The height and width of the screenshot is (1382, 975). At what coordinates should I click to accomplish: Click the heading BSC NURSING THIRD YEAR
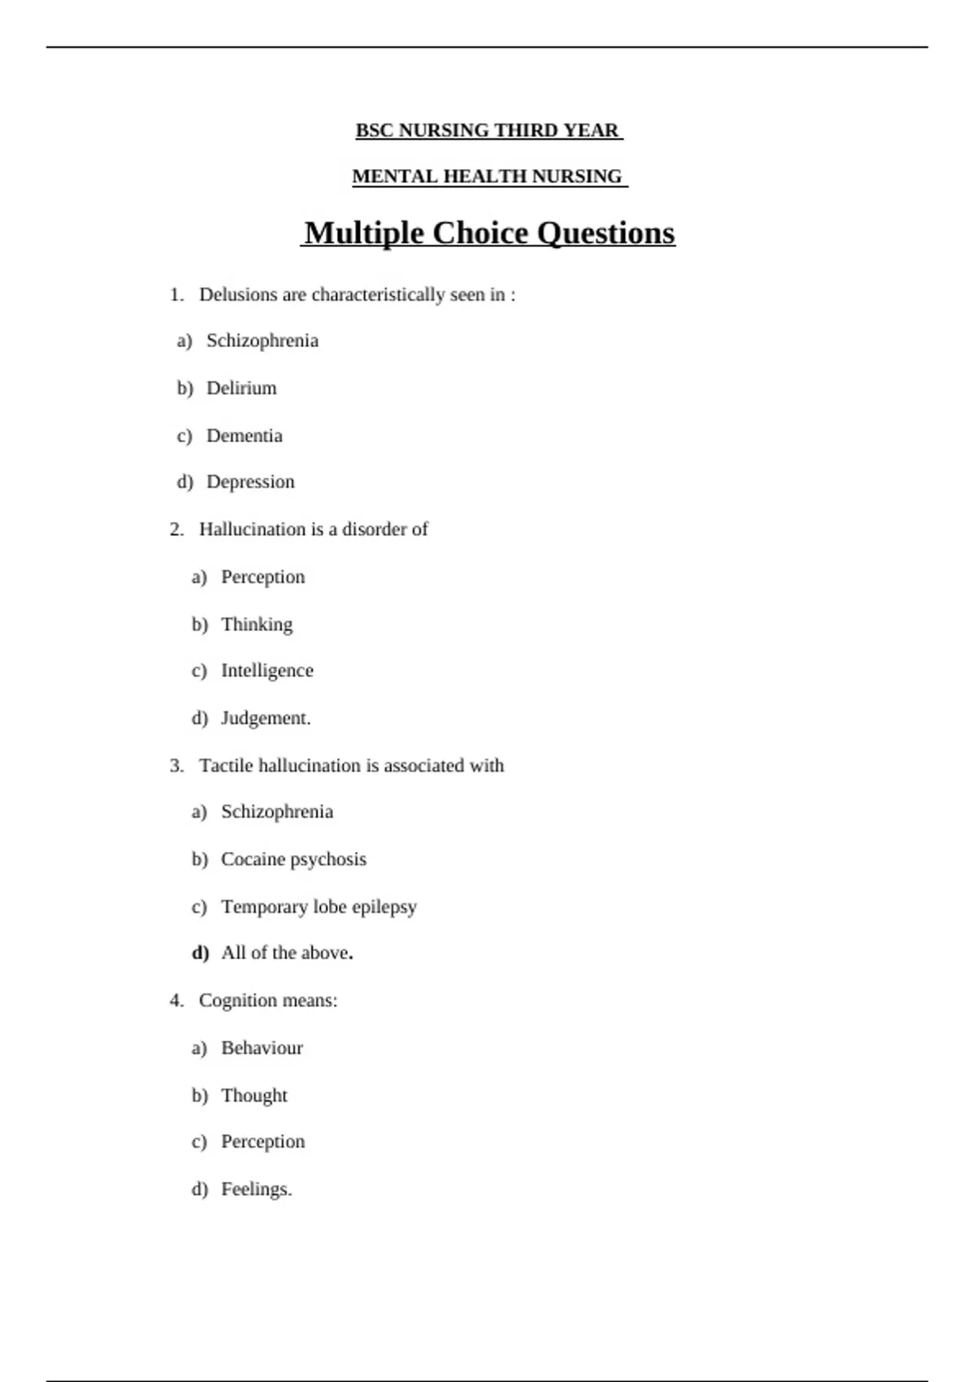(x=487, y=131)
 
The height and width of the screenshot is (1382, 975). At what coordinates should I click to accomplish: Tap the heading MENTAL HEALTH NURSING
(x=487, y=176)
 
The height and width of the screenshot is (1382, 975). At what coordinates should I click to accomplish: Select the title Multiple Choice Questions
(x=488, y=233)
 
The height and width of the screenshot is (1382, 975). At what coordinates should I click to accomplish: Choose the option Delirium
(x=241, y=389)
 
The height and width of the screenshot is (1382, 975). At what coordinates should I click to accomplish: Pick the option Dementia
(x=244, y=436)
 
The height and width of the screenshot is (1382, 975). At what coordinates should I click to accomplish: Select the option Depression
(x=250, y=482)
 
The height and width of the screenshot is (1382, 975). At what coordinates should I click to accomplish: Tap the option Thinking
(x=257, y=624)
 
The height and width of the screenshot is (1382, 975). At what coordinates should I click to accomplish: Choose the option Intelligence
(x=266, y=671)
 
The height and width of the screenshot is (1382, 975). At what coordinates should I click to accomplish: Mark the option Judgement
(x=266, y=719)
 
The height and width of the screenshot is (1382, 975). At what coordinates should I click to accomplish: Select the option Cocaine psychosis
(x=293, y=859)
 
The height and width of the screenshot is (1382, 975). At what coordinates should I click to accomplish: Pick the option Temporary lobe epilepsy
(x=318, y=906)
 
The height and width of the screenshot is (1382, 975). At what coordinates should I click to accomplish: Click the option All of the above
(x=286, y=953)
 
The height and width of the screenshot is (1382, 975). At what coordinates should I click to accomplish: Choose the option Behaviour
(x=262, y=1048)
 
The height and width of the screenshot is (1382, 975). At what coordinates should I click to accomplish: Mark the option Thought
(x=254, y=1096)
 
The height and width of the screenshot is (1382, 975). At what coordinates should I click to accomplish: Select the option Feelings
(x=256, y=1189)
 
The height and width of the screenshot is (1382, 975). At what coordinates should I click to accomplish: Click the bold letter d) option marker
(x=200, y=953)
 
